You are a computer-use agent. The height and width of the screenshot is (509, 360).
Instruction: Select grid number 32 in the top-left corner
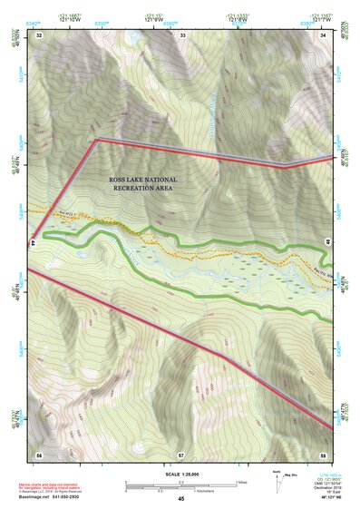[x=40, y=34]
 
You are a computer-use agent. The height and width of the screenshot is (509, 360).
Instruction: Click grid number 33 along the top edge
[x=183, y=34]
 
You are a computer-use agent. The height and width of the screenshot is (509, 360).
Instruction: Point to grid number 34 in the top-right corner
[x=325, y=34]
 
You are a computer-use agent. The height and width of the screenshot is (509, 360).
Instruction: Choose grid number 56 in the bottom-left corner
[x=39, y=454]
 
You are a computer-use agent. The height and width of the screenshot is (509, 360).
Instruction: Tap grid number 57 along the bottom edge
[x=181, y=454]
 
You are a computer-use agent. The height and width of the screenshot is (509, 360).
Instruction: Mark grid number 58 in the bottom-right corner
[x=325, y=454]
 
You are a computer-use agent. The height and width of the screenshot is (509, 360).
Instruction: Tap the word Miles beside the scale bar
[x=242, y=482]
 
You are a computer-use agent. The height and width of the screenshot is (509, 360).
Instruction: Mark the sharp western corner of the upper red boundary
[x=97, y=140]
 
